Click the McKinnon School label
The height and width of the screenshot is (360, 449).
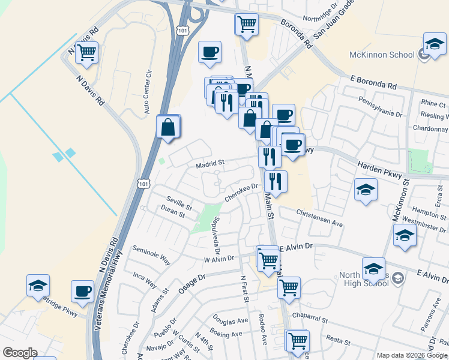click(x=382, y=55)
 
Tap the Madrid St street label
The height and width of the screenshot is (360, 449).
click(x=209, y=163)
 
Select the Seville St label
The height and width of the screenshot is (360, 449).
click(x=179, y=204)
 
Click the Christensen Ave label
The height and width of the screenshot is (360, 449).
click(x=319, y=218)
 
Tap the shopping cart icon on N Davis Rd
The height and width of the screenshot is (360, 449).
click(x=87, y=53)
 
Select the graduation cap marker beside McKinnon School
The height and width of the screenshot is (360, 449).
click(x=434, y=44)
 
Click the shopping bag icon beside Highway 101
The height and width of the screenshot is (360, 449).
click(x=169, y=127)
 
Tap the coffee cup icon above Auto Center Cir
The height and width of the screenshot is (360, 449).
click(x=209, y=52)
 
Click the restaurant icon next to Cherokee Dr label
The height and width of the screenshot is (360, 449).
click(x=276, y=181)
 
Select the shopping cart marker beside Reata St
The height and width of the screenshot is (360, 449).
click(x=297, y=340)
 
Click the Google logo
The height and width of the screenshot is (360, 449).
click(x=20, y=353)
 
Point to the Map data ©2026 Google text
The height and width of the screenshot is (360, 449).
click(x=412, y=355)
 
